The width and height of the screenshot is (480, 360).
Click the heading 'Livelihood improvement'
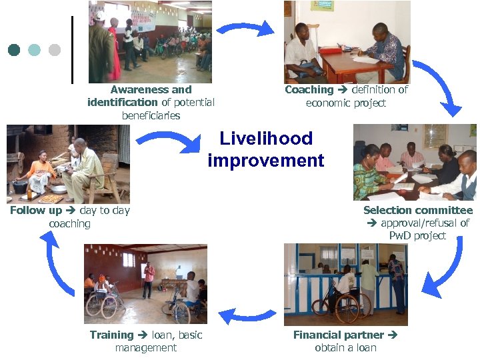click(266, 149)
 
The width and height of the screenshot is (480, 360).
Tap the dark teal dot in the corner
click(14, 50)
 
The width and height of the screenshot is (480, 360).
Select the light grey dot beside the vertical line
click(55, 50)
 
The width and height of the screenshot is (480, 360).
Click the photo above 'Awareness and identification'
click(150, 41)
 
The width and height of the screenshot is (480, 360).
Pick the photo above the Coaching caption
click(347, 41)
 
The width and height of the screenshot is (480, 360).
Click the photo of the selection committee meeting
click(415, 162)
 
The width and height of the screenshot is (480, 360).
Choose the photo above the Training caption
click(145, 284)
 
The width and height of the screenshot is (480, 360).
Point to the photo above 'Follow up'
click(68, 164)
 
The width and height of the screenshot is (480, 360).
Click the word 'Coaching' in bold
click(309, 89)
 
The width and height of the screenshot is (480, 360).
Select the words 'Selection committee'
click(418, 210)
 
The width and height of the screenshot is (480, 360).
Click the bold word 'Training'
click(111, 335)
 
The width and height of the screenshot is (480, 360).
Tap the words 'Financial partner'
click(339, 335)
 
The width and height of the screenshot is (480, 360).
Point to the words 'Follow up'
click(36, 211)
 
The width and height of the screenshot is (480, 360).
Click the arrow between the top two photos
click(245, 29)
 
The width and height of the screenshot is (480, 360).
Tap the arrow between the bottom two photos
click(247, 314)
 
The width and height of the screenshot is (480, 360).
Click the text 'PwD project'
click(418, 236)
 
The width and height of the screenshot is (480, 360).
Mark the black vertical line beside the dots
click(72, 50)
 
